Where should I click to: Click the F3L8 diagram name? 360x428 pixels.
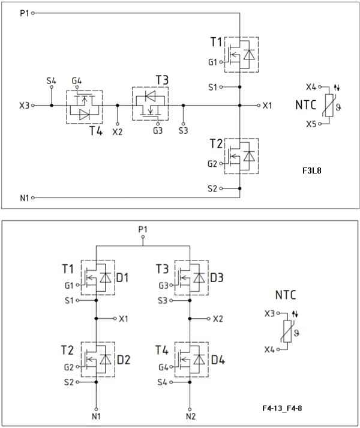pyautogui.click(x=312, y=171)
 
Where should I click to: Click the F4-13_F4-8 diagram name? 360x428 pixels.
pyautogui.click(x=281, y=408)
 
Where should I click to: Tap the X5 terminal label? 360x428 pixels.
pyautogui.click(x=311, y=124)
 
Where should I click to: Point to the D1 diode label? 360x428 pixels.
pyautogui.click(x=123, y=278)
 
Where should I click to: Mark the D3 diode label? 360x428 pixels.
pyautogui.click(x=217, y=278)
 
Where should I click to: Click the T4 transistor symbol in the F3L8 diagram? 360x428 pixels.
pyautogui.click(x=84, y=107)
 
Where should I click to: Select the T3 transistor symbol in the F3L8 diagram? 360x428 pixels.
pyautogui.click(x=150, y=103)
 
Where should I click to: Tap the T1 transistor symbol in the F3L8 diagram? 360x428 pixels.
pyautogui.click(x=241, y=55)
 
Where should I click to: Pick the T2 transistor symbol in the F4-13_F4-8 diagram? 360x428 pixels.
pyautogui.click(x=98, y=360)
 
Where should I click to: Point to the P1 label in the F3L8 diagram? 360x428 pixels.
pyautogui.click(x=24, y=12)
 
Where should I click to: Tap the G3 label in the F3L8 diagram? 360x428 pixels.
pyautogui.click(x=157, y=130)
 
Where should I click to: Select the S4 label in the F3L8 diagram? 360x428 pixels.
pyautogui.click(x=52, y=80)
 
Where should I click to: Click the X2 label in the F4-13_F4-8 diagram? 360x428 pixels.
pyautogui.click(x=218, y=319)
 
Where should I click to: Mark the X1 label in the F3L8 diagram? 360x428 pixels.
pyautogui.click(x=267, y=105)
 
